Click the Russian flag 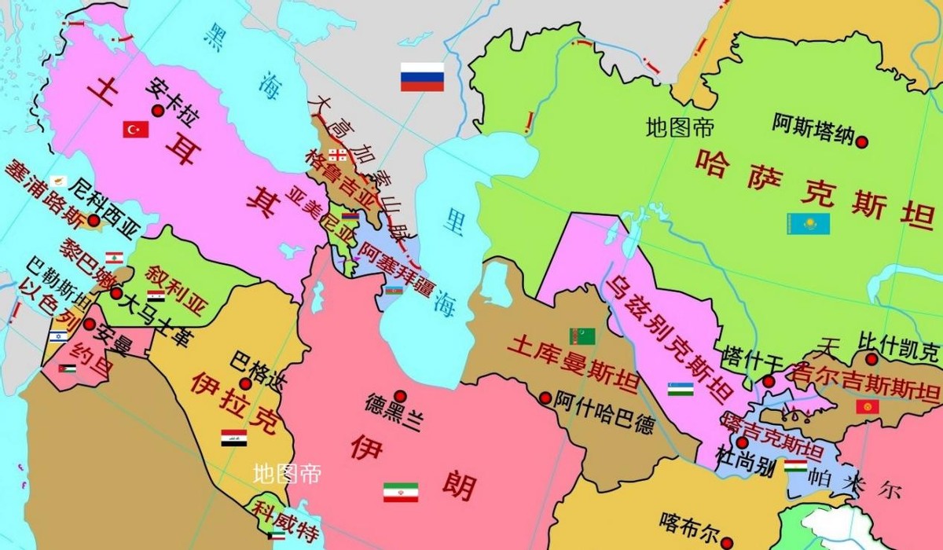[x=422, y=77]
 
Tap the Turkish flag [x=135, y=129]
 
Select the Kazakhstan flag [x=808, y=224]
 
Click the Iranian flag [x=400, y=492]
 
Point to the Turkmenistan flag [x=582, y=336]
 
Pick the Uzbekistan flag [x=681, y=389]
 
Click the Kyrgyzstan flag [x=867, y=407]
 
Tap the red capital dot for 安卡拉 [x=157, y=111]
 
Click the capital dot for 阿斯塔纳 [x=862, y=142]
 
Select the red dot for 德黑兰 [x=400, y=395]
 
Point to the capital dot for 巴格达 [x=245, y=383]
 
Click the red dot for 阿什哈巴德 [x=545, y=398]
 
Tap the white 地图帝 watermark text [x=286, y=474]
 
